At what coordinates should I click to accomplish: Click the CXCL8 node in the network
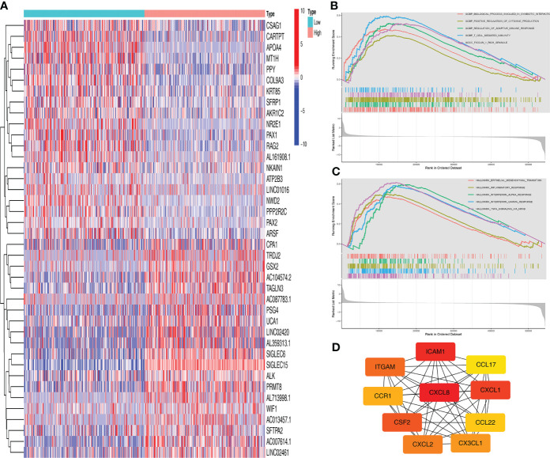tap(446, 392)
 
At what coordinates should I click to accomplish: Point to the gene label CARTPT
tap(281, 36)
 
